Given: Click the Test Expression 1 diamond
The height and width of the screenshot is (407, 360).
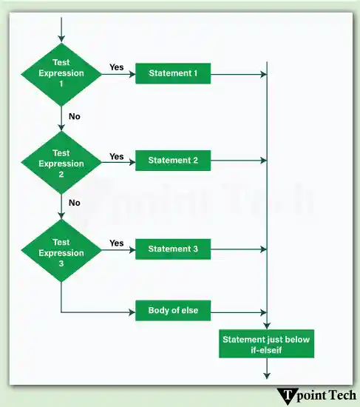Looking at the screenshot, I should [61, 73].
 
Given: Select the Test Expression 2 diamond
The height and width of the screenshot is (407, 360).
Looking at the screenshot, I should [61, 163].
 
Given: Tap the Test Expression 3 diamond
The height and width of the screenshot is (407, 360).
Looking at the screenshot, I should [61, 252].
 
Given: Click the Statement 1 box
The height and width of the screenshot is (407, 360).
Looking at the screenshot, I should [173, 73].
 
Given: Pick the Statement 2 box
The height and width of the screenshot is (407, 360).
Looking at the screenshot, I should [173, 161].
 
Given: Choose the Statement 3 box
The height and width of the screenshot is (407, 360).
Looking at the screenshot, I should [173, 249].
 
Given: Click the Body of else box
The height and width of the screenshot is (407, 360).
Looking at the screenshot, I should [173, 311].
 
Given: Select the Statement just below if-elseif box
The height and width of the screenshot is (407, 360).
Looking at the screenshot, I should [268, 344].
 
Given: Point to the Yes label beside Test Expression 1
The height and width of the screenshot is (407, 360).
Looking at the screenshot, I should [117, 67].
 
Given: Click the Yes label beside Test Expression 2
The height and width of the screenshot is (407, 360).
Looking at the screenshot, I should [117, 156].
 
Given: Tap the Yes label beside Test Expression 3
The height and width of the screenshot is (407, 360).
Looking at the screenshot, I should [117, 243].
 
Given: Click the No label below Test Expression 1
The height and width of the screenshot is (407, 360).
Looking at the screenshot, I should [75, 116].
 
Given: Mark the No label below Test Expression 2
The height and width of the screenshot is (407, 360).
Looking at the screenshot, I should [75, 203].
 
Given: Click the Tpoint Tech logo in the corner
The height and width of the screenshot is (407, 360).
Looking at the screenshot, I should [316, 395].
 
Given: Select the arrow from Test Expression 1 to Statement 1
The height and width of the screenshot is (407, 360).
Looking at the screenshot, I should [119, 74].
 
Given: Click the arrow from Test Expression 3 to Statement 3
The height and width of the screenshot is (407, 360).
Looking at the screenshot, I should [119, 249].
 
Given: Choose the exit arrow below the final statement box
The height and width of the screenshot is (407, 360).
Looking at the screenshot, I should [267, 370].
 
